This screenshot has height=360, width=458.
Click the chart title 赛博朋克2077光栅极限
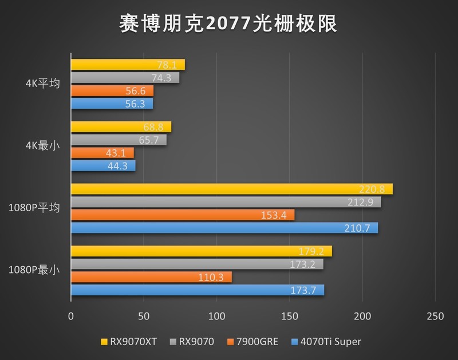[x=229, y=23]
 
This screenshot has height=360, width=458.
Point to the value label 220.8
[x=378, y=189]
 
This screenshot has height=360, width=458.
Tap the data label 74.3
[x=166, y=78]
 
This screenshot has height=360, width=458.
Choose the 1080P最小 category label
[x=34, y=270]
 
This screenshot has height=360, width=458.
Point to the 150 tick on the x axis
[x=290, y=316]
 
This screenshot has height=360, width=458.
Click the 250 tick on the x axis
[x=435, y=316]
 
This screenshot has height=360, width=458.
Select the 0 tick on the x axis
[x=71, y=316]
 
